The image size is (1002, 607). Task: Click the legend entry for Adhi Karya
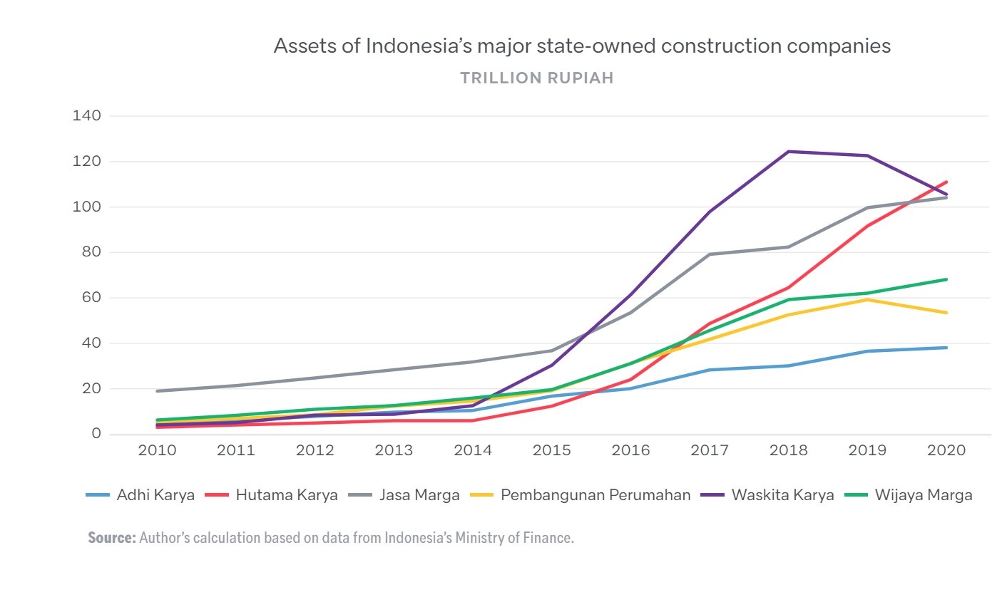(x=155, y=495)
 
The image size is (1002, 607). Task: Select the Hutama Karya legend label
(x=286, y=495)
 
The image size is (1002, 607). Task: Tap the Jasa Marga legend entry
(x=419, y=495)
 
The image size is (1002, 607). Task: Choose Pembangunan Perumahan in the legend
(x=595, y=495)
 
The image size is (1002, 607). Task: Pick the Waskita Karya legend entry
(x=782, y=495)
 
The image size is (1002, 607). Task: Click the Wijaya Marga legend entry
(x=923, y=495)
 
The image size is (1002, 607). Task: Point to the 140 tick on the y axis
(x=86, y=115)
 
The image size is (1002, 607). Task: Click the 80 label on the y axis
(x=91, y=252)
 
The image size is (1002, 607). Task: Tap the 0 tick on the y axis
(x=96, y=434)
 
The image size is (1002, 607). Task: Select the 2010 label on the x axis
(x=157, y=450)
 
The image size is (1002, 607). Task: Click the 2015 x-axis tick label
(x=552, y=450)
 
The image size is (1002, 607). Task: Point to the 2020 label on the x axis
(x=946, y=450)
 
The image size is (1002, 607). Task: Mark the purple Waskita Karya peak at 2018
(x=789, y=152)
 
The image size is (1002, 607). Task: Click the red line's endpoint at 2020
(x=946, y=182)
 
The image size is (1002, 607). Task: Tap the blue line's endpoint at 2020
(x=946, y=348)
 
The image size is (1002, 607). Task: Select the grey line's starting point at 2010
(x=158, y=391)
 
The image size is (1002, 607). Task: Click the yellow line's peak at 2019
(x=868, y=299)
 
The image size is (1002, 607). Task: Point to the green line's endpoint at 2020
(x=946, y=279)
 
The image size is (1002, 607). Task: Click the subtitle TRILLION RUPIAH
(x=536, y=78)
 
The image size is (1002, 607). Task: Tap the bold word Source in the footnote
(x=111, y=538)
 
